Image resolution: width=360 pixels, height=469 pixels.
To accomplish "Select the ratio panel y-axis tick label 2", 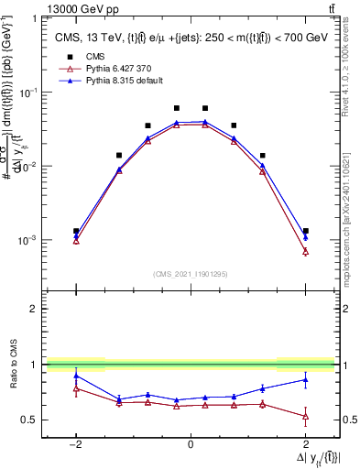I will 34,310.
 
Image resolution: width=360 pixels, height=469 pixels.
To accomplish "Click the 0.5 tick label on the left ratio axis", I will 29,420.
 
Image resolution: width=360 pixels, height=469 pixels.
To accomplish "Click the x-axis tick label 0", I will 191,443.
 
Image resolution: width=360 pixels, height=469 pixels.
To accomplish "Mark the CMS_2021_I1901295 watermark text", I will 191,274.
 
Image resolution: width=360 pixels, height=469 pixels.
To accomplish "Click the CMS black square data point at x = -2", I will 76,231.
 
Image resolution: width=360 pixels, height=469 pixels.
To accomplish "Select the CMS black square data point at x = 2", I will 305,231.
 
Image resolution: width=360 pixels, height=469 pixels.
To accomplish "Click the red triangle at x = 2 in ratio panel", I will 305,416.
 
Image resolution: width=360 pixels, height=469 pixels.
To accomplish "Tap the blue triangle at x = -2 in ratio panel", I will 76,376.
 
